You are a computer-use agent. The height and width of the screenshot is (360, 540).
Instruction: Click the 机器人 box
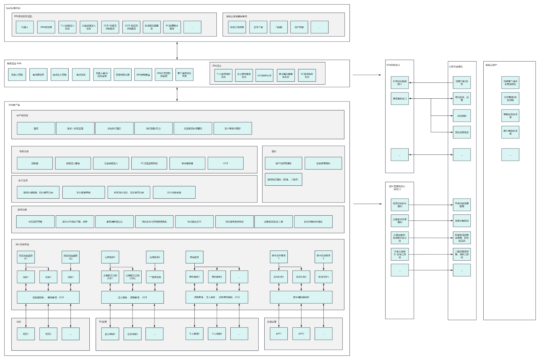coord(25,27)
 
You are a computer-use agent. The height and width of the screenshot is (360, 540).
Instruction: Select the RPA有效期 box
coord(46,27)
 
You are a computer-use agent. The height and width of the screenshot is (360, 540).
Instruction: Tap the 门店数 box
coord(279,27)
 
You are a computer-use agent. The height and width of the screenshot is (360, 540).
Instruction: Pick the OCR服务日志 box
coord(264,76)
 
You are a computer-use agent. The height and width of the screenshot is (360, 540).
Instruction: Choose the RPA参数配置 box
coord(143,75)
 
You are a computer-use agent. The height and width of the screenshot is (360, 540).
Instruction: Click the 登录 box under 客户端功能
coord(36,128)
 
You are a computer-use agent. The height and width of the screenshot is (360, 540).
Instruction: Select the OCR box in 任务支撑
coord(225,163)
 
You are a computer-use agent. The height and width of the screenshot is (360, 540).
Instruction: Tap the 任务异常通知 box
coord(323,163)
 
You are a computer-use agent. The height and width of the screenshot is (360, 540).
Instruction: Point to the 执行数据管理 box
coord(83,192)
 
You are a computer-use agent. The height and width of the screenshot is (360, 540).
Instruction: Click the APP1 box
coord(279,334)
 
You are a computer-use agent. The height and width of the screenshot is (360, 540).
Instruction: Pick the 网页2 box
coord(48,334)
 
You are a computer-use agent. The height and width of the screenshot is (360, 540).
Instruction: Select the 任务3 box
coord(70,277)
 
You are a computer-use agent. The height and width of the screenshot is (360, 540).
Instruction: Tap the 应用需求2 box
coord(155,257)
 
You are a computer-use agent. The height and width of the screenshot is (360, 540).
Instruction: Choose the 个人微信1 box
coord(194,334)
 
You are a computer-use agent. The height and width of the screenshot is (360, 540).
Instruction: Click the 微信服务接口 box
coord(400,98)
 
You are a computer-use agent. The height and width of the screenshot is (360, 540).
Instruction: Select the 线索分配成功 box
coord(462,221)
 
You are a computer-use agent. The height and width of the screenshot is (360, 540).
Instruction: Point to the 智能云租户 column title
coord(491,65)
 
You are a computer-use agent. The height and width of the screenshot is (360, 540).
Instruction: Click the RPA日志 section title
coord(217,66)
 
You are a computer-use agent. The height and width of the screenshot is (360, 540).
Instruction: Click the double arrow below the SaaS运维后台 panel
coord(177,51)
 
